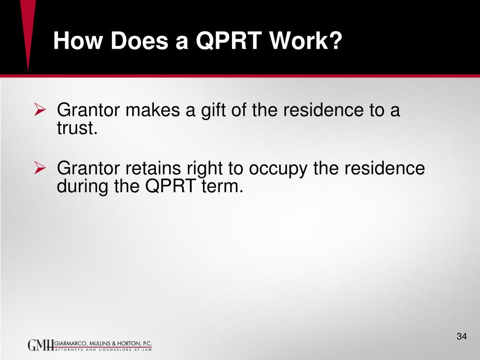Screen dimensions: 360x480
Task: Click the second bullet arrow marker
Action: point(40,168)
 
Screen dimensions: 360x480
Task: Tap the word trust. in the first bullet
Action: point(77,128)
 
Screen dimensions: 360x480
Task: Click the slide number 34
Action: point(461,337)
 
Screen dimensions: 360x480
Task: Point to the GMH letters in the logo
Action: point(41,345)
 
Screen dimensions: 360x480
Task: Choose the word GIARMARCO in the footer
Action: point(71,343)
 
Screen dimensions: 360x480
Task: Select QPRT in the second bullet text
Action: point(167,186)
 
